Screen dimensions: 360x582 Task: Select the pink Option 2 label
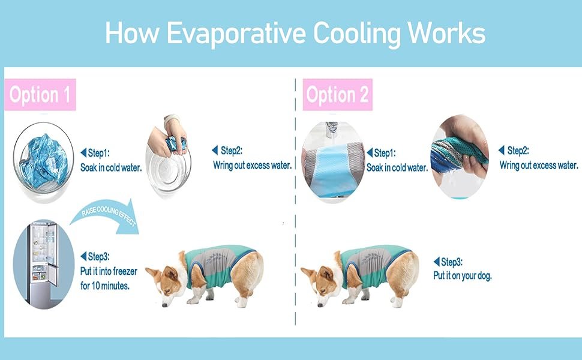pos(338,95)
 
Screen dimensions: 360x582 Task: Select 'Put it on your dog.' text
pos(462,276)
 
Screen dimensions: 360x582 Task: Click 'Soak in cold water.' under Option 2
pos(397,167)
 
